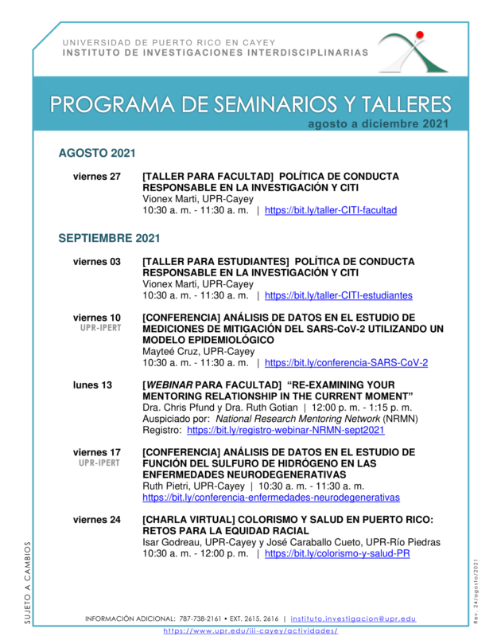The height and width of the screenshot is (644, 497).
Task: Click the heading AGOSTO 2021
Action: click(x=97, y=153)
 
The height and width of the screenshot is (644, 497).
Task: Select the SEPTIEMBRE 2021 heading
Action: click(x=109, y=238)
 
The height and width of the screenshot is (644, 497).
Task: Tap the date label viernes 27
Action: click(x=97, y=177)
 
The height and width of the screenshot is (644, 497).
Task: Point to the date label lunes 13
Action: click(x=92, y=385)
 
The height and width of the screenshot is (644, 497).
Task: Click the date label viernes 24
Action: click(x=97, y=521)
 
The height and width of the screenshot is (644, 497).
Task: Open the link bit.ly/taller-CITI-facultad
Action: click(x=330, y=211)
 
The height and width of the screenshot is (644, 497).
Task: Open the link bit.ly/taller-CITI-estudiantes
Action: click(x=338, y=295)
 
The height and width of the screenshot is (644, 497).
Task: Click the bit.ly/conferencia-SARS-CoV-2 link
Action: click(x=346, y=363)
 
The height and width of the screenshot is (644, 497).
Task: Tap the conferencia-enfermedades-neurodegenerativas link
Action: click(x=270, y=498)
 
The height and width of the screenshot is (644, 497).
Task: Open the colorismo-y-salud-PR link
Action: click(x=337, y=554)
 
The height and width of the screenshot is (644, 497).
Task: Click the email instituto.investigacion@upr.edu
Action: click(x=353, y=619)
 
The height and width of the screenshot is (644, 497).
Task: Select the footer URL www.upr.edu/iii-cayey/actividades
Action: click(x=250, y=630)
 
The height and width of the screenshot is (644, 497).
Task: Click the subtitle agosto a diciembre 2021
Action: click(x=379, y=123)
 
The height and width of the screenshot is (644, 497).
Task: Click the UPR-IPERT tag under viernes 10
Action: click(x=99, y=328)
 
